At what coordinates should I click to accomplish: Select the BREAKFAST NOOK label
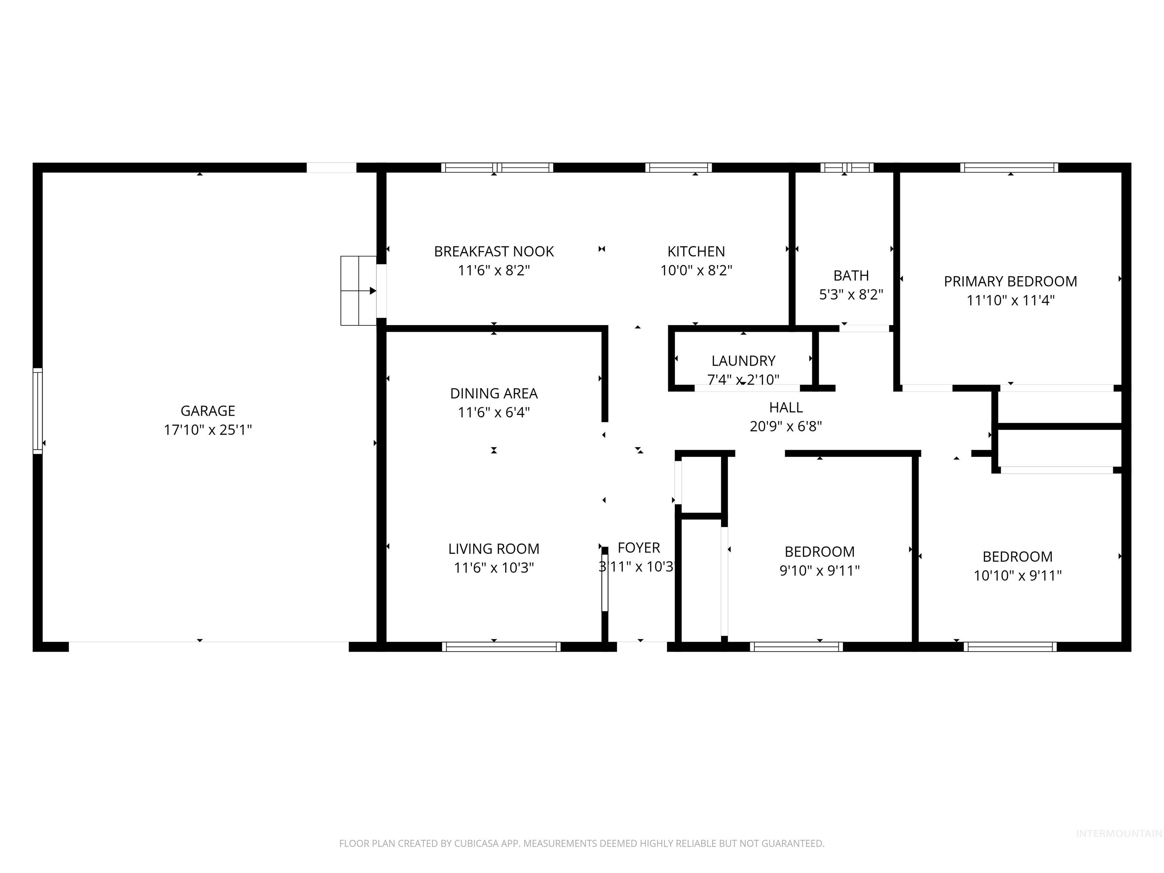(494, 252)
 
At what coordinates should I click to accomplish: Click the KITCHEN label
(696, 252)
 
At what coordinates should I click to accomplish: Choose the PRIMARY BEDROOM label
(1010, 282)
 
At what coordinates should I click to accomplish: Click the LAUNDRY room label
(743, 361)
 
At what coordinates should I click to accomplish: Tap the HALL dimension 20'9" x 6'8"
(785, 426)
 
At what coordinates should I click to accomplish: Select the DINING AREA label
(494, 394)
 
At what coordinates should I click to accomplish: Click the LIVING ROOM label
(494, 549)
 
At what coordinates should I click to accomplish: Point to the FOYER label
(638, 548)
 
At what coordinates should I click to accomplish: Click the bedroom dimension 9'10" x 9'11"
(819, 570)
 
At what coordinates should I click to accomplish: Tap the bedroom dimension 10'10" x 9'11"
(1017, 576)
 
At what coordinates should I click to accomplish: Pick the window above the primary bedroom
(1009, 168)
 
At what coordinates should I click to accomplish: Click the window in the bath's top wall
(847, 168)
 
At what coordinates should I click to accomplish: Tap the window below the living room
(501, 647)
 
